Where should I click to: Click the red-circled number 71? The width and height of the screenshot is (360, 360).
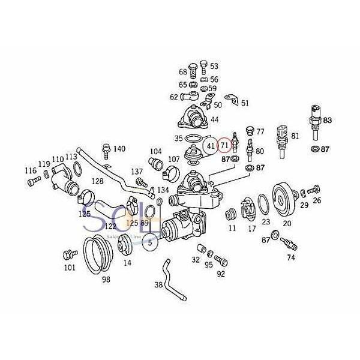click(224, 145)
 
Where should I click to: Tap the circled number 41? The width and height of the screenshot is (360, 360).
click(209, 145)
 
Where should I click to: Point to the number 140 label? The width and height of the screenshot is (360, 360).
click(119, 149)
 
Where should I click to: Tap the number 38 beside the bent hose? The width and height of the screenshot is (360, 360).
click(158, 286)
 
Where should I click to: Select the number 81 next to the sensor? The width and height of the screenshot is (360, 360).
click(295, 136)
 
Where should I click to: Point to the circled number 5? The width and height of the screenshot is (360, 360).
click(150, 243)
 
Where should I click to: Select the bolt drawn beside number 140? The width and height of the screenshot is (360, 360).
click(106, 148)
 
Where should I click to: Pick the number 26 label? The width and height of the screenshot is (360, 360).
click(317, 200)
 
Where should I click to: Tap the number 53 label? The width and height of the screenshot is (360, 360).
click(214, 66)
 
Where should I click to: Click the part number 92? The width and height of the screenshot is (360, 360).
click(221, 274)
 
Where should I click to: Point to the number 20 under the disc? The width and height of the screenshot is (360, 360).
click(287, 223)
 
